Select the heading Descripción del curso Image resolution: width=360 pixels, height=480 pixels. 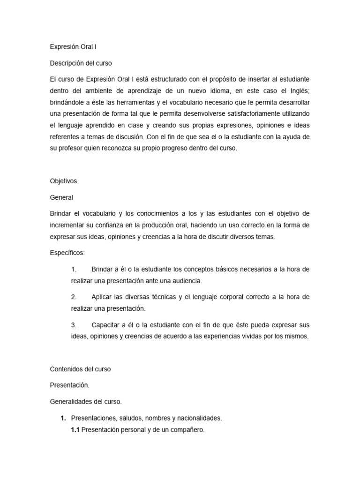[x=81, y=62]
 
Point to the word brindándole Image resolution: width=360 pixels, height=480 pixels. [x=68, y=102]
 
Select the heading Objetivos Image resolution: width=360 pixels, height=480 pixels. [x=63, y=180]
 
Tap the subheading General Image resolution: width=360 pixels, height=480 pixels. [x=61, y=197]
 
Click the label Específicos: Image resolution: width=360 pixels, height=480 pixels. [x=67, y=253]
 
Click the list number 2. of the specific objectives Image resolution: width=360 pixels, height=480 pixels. [x=74, y=297]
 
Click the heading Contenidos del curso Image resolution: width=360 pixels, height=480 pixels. [x=80, y=369]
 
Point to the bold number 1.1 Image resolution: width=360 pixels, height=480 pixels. [x=75, y=429]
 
